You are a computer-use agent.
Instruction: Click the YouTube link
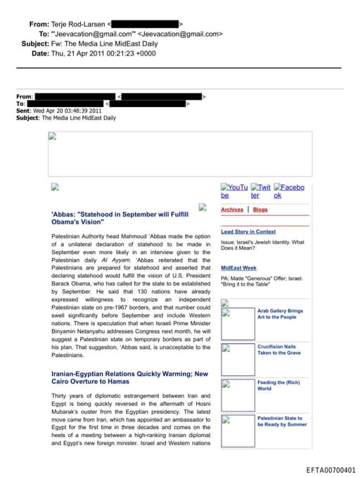(234, 191)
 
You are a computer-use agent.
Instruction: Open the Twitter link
(260, 191)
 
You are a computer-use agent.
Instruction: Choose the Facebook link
(289, 191)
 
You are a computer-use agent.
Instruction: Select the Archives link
(232, 210)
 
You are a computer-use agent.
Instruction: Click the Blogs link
(260, 210)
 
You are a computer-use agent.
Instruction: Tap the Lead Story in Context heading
(248, 231)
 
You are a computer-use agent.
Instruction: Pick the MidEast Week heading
(238, 268)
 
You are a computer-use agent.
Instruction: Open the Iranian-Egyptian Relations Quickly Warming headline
(129, 377)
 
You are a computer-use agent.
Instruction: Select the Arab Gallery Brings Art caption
(280, 314)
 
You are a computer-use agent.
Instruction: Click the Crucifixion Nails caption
(276, 350)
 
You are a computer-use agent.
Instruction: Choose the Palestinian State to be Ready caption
(282, 421)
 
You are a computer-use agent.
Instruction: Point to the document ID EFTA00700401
(330, 470)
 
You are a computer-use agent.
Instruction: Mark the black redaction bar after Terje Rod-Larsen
(145, 24)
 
